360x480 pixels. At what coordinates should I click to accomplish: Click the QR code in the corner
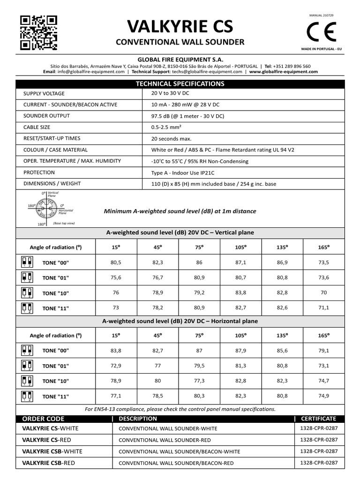[39, 33]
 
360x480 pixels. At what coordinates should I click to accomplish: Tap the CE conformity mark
[321, 32]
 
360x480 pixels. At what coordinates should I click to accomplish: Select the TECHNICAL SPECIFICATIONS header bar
[180, 84]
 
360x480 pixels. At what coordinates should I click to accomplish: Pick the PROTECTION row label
[39, 172]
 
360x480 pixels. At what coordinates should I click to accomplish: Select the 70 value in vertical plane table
[323, 293]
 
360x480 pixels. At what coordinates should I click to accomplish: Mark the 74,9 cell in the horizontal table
[323, 396]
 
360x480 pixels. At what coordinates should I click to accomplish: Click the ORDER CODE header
[44, 419]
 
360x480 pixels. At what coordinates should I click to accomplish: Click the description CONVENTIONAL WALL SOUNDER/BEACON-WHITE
[180, 451]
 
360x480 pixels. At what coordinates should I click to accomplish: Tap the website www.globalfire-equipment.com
[284, 72]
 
